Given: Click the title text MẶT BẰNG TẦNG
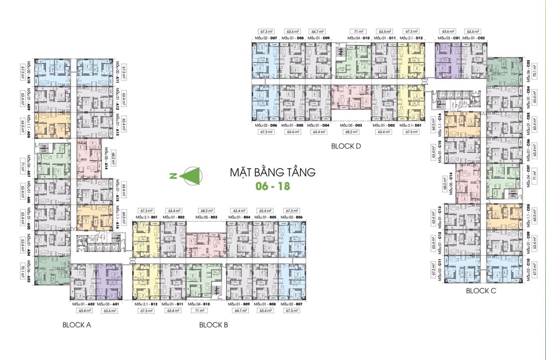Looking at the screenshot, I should (273, 173).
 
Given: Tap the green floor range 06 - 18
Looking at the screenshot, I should (273, 187).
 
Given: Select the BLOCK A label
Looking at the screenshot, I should (77, 325).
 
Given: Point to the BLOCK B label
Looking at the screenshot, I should (213, 325).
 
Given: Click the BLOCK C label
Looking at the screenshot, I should (481, 291).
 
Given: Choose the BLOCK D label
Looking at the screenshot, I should (346, 146).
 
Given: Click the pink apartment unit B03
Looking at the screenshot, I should (206, 245).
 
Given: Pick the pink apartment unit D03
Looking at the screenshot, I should (351, 97).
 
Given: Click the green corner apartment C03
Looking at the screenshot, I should (505, 71).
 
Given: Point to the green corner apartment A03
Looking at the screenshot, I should (52, 270).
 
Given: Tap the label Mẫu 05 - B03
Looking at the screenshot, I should (206, 218).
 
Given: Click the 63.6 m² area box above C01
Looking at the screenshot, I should (448, 32).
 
